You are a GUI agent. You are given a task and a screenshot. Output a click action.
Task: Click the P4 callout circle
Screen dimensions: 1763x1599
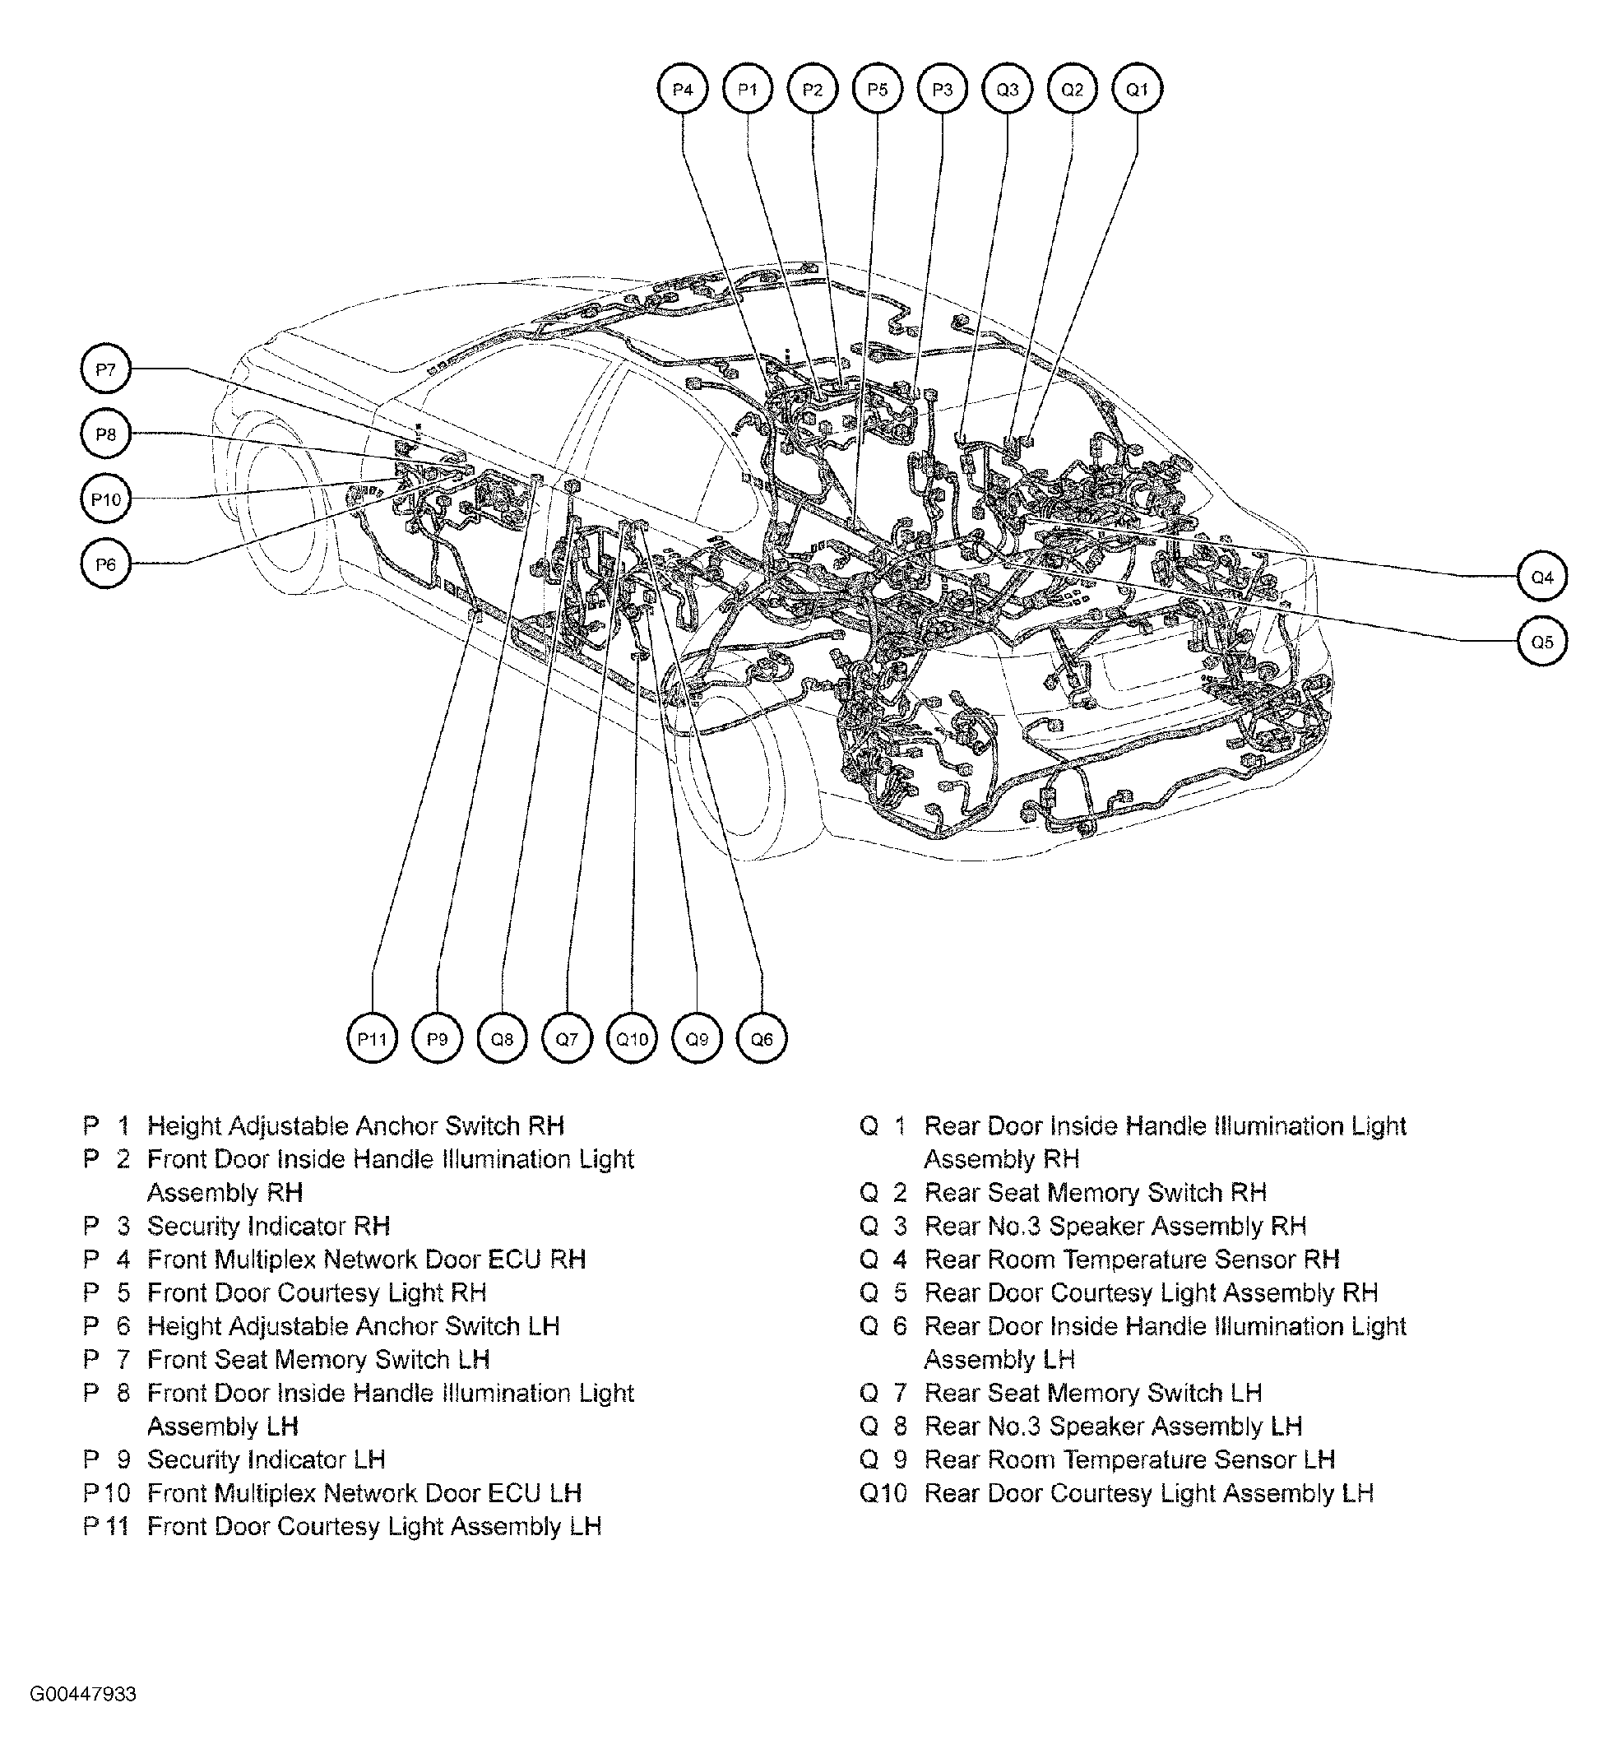(x=682, y=89)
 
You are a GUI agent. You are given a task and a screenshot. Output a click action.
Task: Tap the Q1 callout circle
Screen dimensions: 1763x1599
(x=1137, y=89)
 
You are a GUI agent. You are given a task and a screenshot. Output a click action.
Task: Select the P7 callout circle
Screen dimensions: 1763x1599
(x=105, y=369)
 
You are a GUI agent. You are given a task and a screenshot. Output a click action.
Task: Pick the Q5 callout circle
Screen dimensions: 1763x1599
(x=1541, y=642)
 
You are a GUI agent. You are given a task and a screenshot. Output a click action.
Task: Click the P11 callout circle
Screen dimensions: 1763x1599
(x=372, y=1039)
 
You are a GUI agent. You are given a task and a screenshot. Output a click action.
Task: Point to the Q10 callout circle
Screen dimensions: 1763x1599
(x=631, y=1039)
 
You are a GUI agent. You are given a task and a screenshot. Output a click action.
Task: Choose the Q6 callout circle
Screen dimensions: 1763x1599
(x=762, y=1039)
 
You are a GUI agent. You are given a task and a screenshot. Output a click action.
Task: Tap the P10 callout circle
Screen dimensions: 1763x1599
(x=105, y=499)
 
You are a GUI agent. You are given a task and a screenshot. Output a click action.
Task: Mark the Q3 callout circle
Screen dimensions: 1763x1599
(x=1007, y=89)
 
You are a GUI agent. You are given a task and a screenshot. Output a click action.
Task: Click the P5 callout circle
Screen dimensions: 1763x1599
(x=877, y=89)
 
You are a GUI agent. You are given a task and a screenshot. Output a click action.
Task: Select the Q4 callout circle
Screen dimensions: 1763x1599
(x=1541, y=578)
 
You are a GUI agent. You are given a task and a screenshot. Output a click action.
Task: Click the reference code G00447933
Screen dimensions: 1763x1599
(x=83, y=1719)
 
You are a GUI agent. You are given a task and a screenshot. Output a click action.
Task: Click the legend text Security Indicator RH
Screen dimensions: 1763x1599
(x=267, y=1226)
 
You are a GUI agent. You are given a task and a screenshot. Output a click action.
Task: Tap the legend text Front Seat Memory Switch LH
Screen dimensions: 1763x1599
(x=317, y=1360)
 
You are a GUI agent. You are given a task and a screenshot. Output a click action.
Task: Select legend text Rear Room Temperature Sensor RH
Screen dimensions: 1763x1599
(x=1131, y=1260)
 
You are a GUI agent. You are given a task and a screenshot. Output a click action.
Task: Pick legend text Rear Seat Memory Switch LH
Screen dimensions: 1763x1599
(x=1093, y=1393)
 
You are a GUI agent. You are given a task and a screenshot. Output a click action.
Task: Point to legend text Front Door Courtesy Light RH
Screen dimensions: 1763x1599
(x=317, y=1292)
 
